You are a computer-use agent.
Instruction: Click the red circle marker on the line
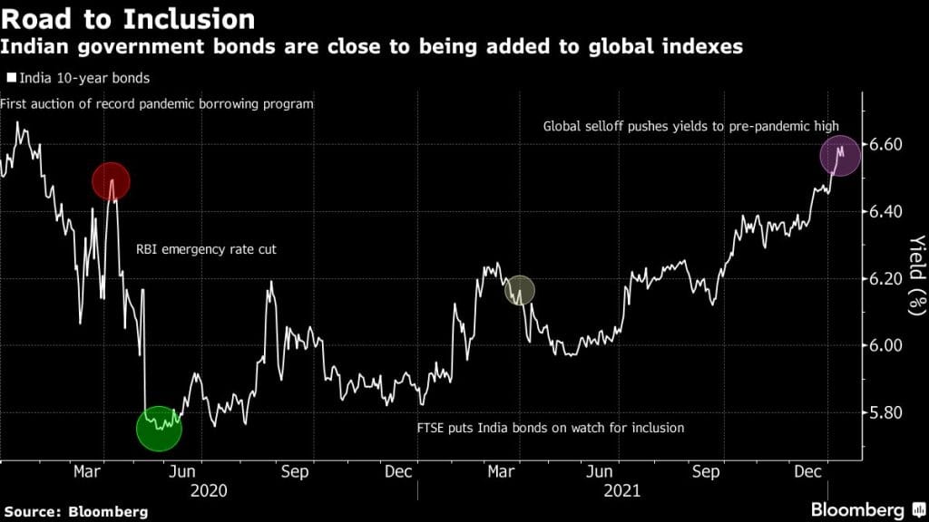tap(111, 182)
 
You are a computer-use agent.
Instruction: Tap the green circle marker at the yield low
tap(159, 429)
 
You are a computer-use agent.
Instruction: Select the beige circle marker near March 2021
tap(520, 290)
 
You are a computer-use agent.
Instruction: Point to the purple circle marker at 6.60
tap(840, 155)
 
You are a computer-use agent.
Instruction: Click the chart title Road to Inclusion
tap(127, 17)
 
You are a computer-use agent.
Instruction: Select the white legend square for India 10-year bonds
tap(10, 79)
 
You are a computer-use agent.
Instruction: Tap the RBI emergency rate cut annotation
tap(206, 247)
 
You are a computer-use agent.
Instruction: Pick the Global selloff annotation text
tap(690, 127)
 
